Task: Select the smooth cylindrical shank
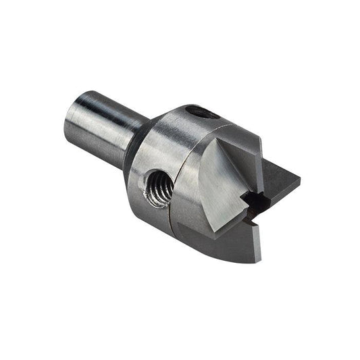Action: click(x=101, y=122)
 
